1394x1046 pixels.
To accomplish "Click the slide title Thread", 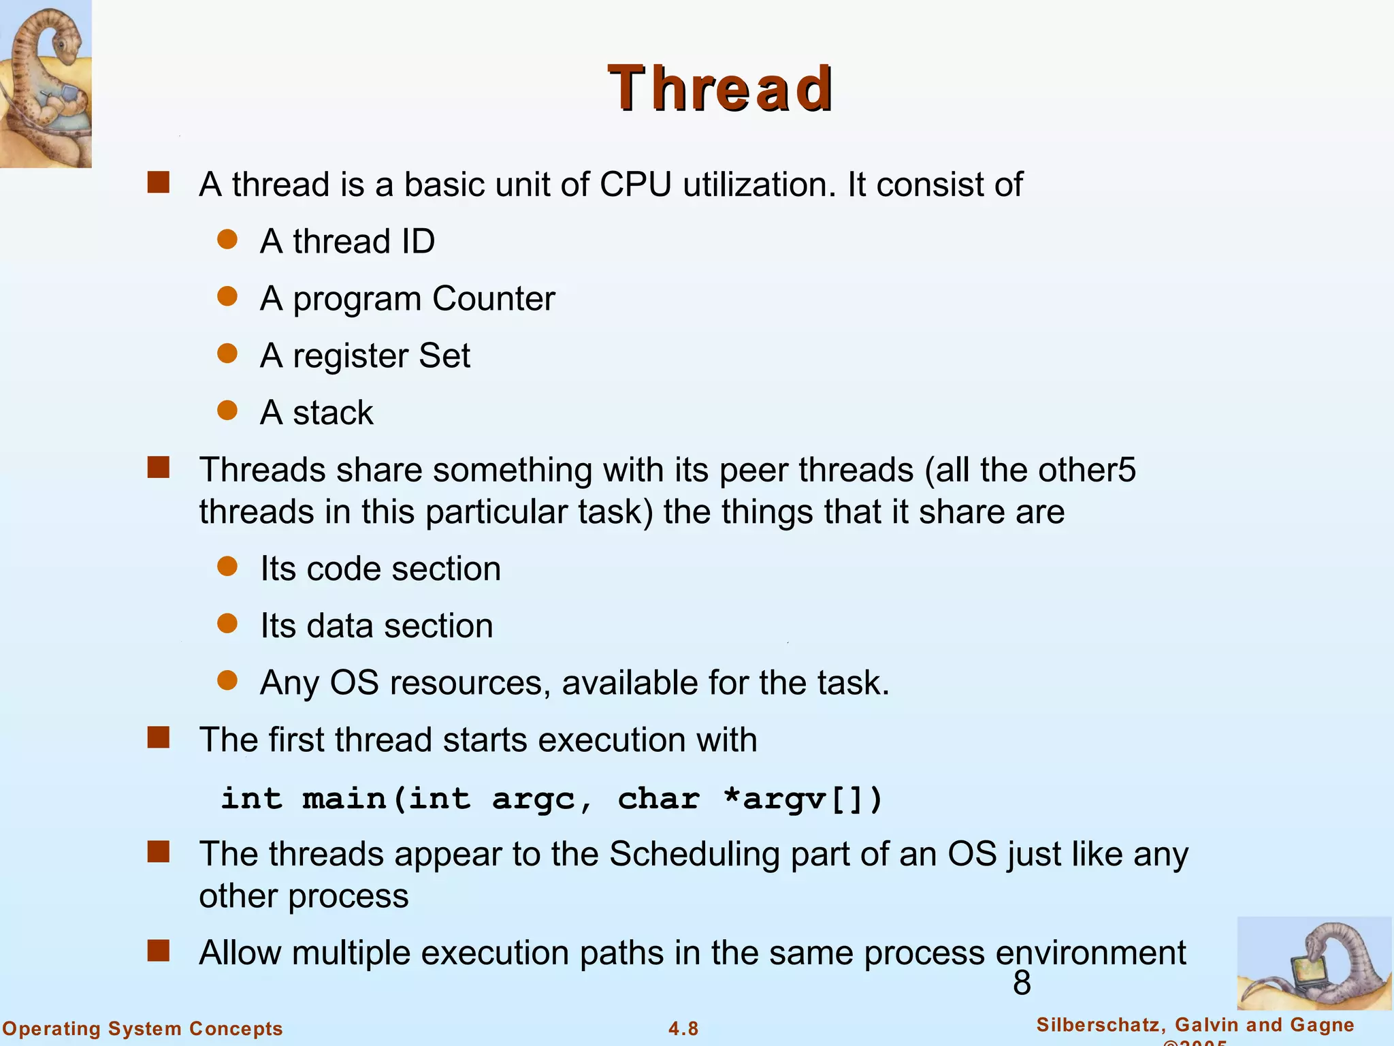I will (x=720, y=89).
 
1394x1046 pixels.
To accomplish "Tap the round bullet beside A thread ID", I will (x=227, y=240).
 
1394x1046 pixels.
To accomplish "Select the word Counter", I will (x=493, y=298).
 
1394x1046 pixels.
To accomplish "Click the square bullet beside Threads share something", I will (x=159, y=468).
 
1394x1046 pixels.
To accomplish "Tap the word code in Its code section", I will (x=343, y=569).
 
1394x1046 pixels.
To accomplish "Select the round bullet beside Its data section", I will (x=227, y=624).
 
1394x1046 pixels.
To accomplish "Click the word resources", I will (x=470, y=683).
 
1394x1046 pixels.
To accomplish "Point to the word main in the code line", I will (x=344, y=799).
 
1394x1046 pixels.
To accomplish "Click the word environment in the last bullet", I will (x=1090, y=953).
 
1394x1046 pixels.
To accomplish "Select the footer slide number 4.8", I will (x=683, y=1029).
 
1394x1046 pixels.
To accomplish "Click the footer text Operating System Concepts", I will (x=143, y=1028).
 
